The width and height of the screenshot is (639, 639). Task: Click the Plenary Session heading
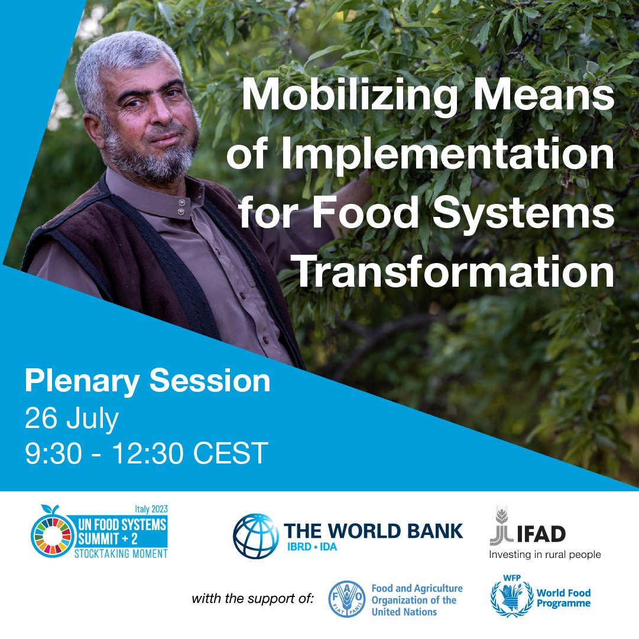(x=147, y=382)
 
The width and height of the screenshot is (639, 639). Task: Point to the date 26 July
(x=72, y=419)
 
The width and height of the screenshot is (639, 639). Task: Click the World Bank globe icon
(x=255, y=536)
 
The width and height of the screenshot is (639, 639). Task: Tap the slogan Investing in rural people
(x=544, y=554)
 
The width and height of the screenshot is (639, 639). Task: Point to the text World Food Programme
(x=563, y=598)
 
